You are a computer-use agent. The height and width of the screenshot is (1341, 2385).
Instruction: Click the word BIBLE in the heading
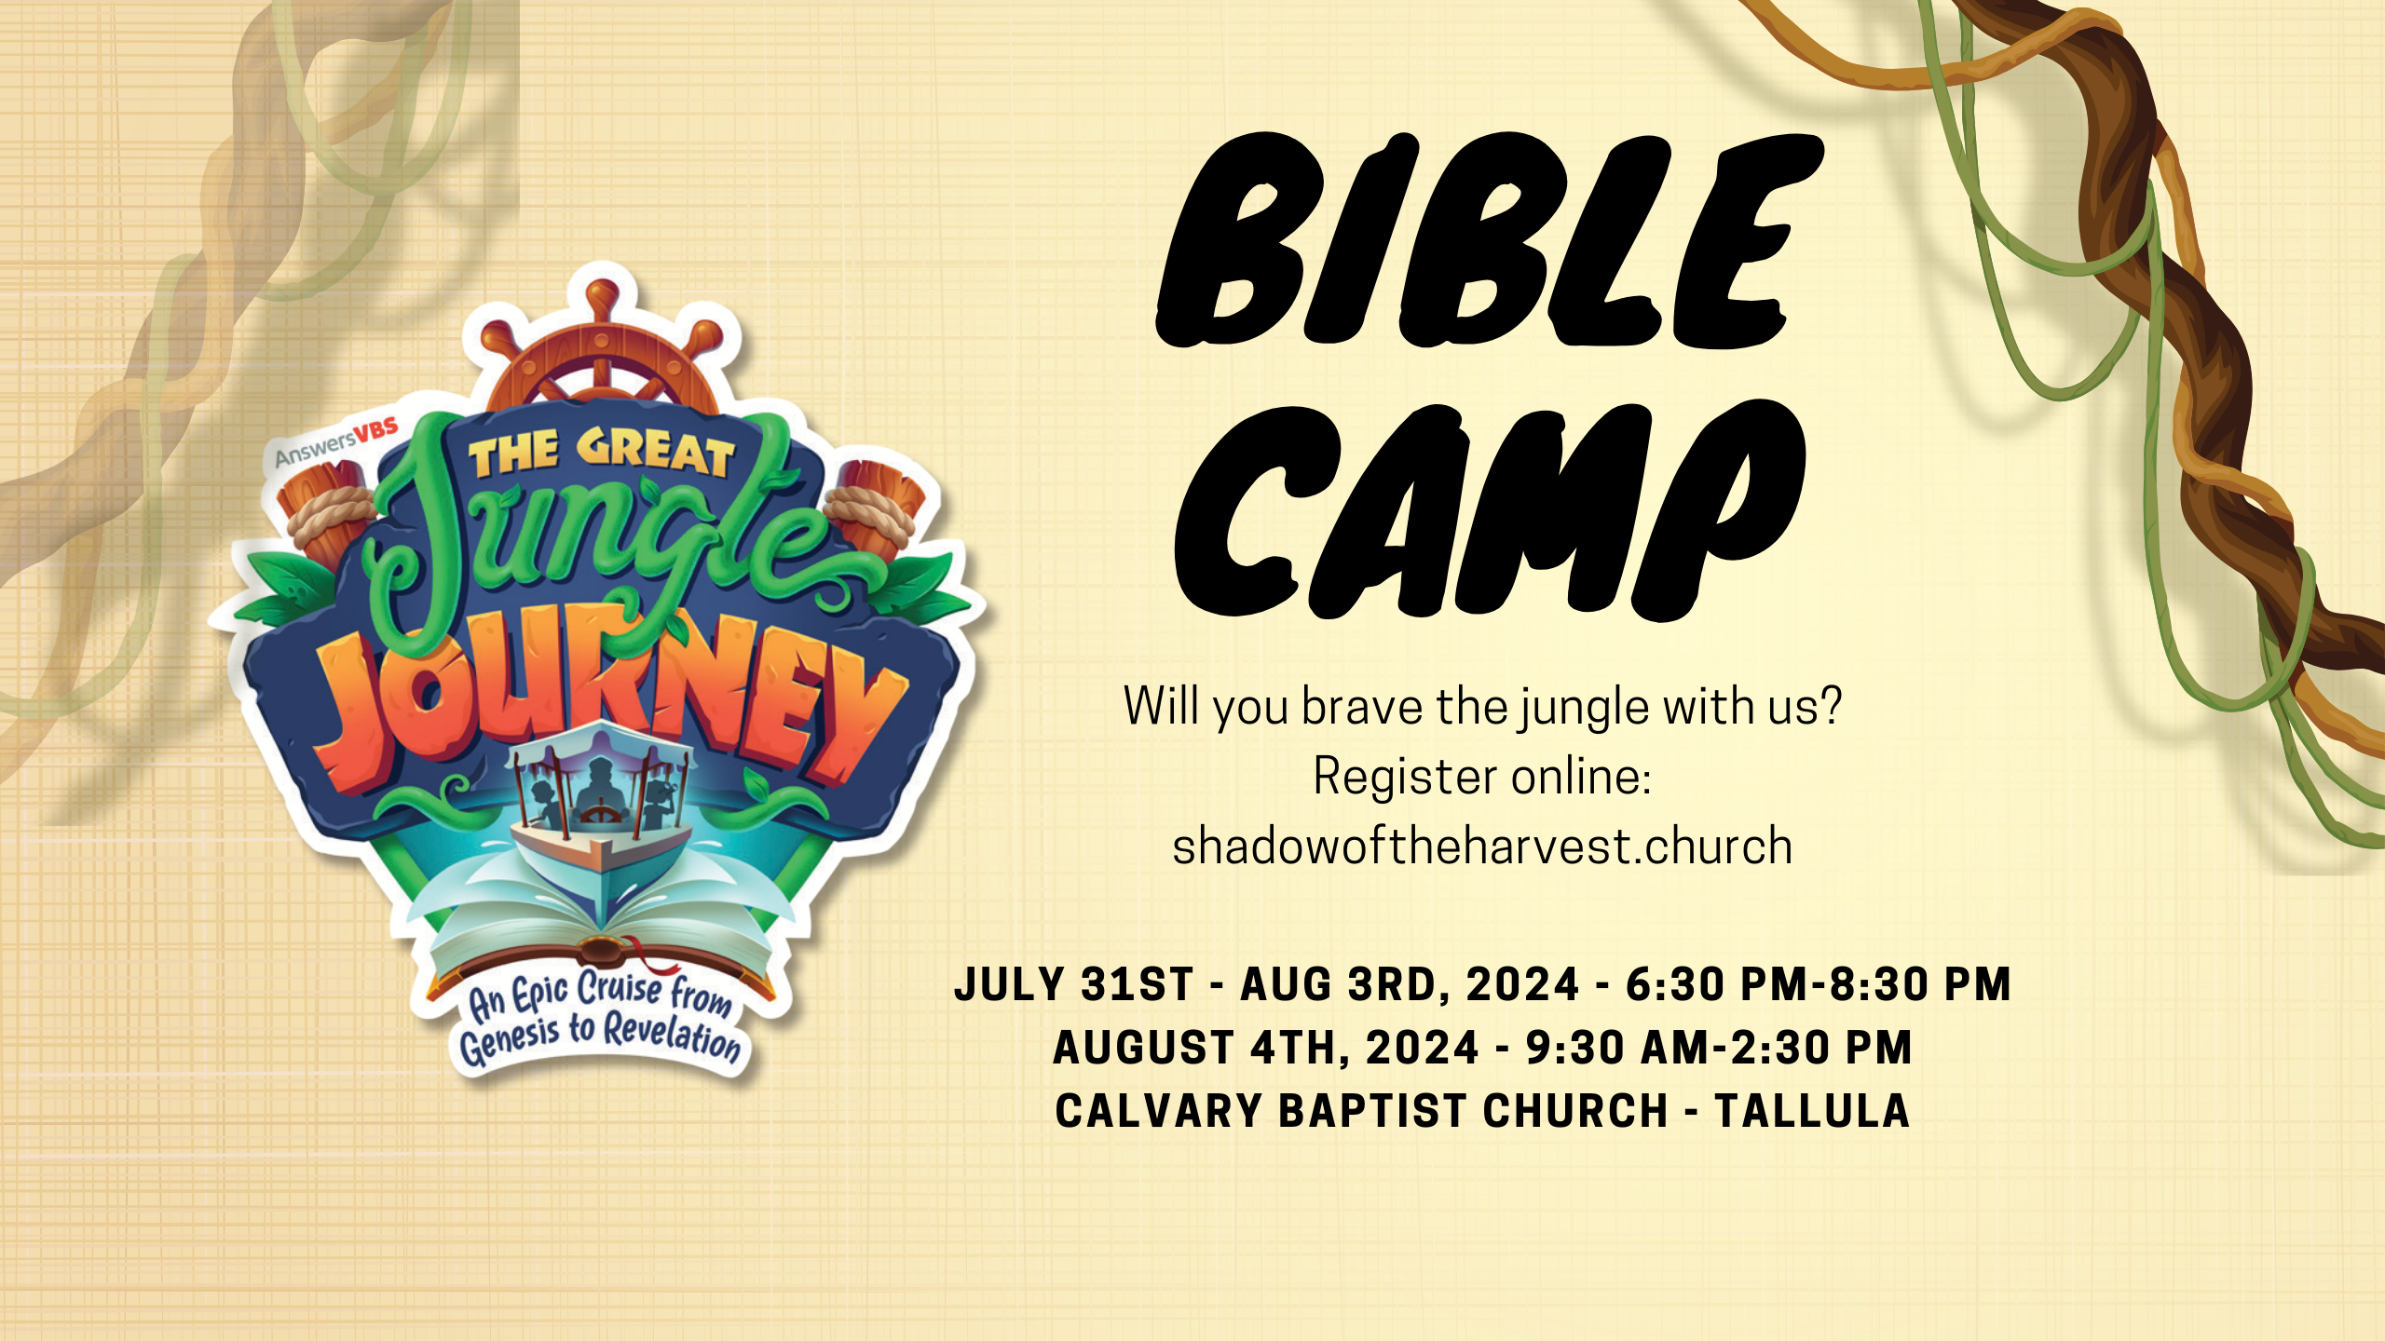pyautogui.click(x=1489, y=240)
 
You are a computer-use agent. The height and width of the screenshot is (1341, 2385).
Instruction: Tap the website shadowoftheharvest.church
pyautogui.click(x=1482, y=846)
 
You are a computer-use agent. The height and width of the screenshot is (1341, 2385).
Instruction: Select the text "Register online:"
pyautogui.click(x=1482, y=776)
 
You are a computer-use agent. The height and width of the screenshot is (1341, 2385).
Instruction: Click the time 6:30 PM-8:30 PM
pyautogui.click(x=1819, y=984)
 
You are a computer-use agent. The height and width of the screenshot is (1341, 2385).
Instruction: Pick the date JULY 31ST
pyautogui.click(x=1074, y=984)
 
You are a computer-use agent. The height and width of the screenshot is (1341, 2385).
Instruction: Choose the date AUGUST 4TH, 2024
pyautogui.click(x=1266, y=1048)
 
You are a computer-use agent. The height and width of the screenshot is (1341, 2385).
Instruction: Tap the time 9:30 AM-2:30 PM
pyautogui.click(x=1719, y=1048)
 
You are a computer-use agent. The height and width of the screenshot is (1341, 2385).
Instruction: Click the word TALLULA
pyautogui.click(x=1813, y=1111)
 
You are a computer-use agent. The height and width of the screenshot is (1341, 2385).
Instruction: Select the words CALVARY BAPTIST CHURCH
pyautogui.click(x=1361, y=1111)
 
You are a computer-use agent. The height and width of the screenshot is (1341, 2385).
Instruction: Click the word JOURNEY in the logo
pyautogui.click(x=610, y=703)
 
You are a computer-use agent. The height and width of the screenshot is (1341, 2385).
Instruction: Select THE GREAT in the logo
pyautogui.click(x=602, y=453)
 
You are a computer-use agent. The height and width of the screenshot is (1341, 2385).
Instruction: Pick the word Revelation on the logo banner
pyautogui.click(x=673, y=1034)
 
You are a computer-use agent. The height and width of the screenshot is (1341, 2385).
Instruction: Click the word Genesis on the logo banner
pyautogui.click(x=509, y=1040)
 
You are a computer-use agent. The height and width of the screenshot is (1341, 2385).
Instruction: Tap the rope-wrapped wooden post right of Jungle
pyautogui.click(x=874, y=508)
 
